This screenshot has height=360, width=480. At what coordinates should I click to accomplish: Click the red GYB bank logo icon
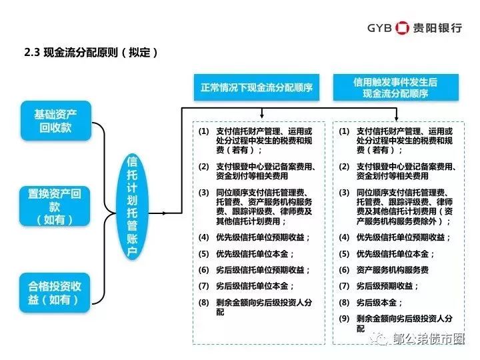[x=402, y=28]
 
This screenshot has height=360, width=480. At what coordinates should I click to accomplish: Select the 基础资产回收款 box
[x=56, y=121]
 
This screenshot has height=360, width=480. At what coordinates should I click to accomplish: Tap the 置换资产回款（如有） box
[x=55, y=206]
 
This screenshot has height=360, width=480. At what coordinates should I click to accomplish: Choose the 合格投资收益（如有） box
[x=55, y=293]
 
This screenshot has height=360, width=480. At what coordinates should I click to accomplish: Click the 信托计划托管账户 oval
[x=132, y=207]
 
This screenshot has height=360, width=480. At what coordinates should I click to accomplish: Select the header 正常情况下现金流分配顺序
[x=257, y=87]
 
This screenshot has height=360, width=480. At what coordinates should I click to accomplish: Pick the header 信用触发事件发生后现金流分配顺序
[x=396, y=87]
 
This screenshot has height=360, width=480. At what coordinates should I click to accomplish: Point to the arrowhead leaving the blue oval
[x=165, y=213]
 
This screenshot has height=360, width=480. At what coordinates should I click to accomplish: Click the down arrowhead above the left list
[x=262, y=116]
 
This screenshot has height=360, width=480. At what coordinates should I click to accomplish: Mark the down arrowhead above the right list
[x=397, y=118]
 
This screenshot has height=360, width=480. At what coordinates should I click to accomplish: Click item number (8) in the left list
[x=203, y=303]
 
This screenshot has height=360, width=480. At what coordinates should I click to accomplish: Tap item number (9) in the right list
[x=344, y=319]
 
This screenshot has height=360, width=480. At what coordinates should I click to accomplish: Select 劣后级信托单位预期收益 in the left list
[x=260, y=270]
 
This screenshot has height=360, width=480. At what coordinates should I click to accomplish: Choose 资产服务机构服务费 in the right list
[x=393, y=270]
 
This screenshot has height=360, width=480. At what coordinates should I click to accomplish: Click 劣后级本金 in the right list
[x=377, y=303]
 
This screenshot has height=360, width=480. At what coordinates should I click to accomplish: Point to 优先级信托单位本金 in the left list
[x=252, y=254]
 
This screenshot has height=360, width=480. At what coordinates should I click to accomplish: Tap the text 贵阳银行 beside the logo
[x=437, y=28]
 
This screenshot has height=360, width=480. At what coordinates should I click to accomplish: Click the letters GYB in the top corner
[x=379, y=28]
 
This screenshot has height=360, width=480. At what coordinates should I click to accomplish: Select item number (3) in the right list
[x=344, y=193]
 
